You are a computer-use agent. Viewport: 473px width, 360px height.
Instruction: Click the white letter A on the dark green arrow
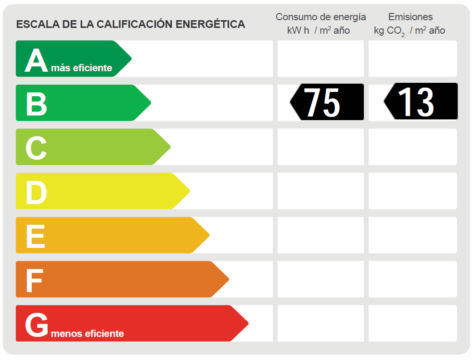point(36,61)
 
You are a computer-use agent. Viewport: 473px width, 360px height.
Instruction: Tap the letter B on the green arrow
point(36,104)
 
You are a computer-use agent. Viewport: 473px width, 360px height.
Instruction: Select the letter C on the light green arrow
point(36,148)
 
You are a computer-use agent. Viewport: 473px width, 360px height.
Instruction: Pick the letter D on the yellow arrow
point(36,193)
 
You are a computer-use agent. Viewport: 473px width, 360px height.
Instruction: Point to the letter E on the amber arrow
point(35,236)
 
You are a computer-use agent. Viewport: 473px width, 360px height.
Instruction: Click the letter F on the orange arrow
point(34,281)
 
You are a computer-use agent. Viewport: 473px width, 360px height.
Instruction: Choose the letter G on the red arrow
point(37,325)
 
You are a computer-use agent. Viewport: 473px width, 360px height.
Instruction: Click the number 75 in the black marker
point(322,102)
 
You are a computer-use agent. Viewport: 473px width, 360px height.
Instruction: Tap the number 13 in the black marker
point(416,102)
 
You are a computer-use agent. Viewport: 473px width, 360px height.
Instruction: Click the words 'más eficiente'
point(81,68)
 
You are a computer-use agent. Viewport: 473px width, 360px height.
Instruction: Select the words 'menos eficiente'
point(87,334)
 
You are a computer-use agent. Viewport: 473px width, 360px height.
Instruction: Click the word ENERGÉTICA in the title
point(210,24)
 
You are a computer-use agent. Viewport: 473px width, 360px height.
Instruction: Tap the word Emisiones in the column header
point(410,17)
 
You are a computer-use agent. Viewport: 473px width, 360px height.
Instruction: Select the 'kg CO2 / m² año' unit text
point(409,31)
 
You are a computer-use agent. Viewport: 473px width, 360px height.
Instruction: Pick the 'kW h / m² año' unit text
point(318,31)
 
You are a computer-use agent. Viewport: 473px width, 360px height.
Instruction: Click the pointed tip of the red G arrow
point(247,323)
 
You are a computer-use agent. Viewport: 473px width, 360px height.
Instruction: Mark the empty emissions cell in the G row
point(412,323)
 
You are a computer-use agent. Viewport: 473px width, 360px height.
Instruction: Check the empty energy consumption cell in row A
point(320,59)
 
